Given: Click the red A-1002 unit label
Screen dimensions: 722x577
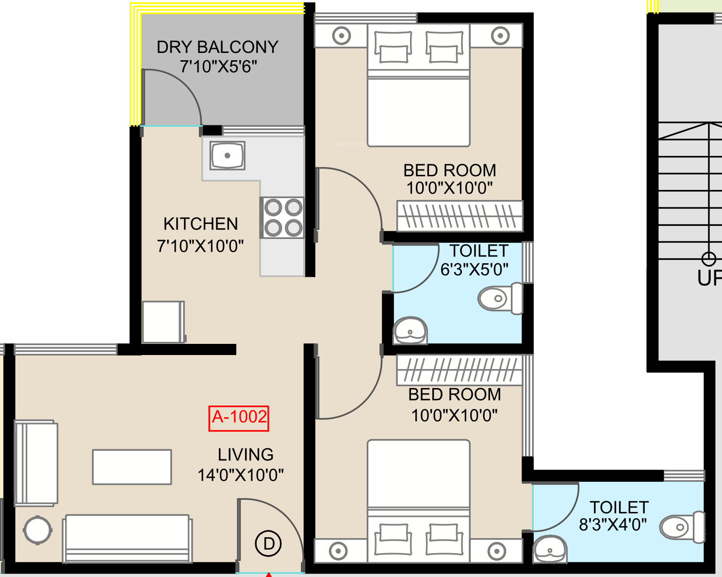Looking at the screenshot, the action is tap(239, 418).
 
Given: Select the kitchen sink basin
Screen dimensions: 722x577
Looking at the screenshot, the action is tap(228, 155).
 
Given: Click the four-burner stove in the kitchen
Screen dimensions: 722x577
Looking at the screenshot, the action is tap(283, 218).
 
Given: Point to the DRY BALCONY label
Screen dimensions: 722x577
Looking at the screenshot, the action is tap(217, 47).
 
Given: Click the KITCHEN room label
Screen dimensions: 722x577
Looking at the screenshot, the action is tap(200, 224).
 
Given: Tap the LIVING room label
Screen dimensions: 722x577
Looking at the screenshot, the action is tap(246, 455).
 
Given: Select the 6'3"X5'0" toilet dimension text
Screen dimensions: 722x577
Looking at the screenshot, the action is tap(474, 270).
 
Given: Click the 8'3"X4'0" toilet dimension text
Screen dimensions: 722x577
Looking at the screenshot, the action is tap(613, 524).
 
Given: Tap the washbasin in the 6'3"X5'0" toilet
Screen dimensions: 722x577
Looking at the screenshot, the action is tap(410, 330).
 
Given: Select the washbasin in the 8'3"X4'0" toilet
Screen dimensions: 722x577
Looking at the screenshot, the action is tap(550, 549).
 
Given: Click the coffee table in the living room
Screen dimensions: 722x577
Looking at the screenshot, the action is tap(132, 467).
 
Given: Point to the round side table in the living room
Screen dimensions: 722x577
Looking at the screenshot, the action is tap(37, 530).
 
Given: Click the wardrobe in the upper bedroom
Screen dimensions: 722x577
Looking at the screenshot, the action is tap(459, 216).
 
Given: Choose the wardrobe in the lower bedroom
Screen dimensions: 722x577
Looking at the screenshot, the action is tap(459, 370).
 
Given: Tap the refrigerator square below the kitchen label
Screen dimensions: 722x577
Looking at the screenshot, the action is tap(164, 322).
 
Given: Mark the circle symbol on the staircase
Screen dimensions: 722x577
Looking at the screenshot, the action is tap(708, 259).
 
